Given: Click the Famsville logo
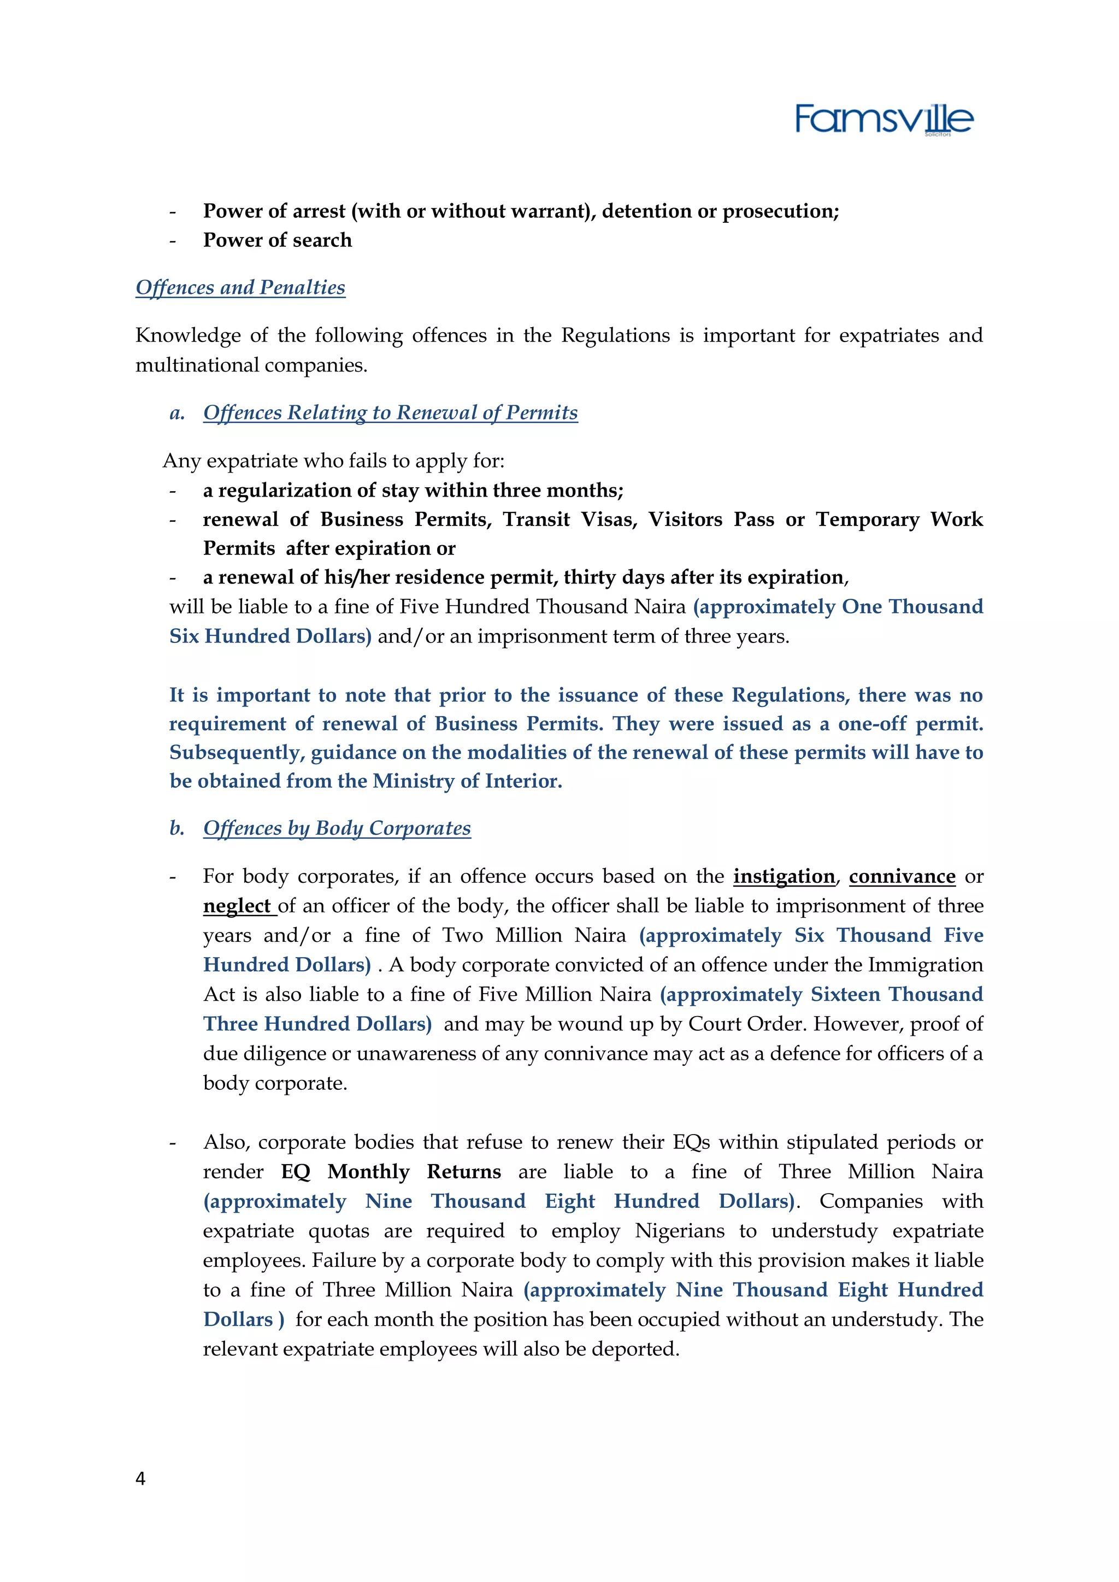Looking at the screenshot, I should (884, 120).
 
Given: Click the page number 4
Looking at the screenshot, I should (140, 1478).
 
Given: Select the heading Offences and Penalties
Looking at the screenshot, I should (240, 287).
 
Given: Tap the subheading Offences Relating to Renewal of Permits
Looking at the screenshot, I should (390, 413).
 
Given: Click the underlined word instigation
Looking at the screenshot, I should (784, 876).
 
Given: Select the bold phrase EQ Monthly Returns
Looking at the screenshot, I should (391, 1172).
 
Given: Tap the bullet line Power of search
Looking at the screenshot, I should (277, 240).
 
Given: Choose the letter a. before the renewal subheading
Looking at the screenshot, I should (177, 413).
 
